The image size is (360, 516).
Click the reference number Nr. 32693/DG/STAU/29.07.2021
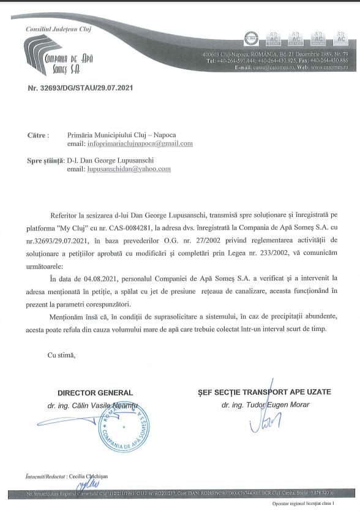pos(81,88)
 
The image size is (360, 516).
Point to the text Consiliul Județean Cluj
pos(54,29)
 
